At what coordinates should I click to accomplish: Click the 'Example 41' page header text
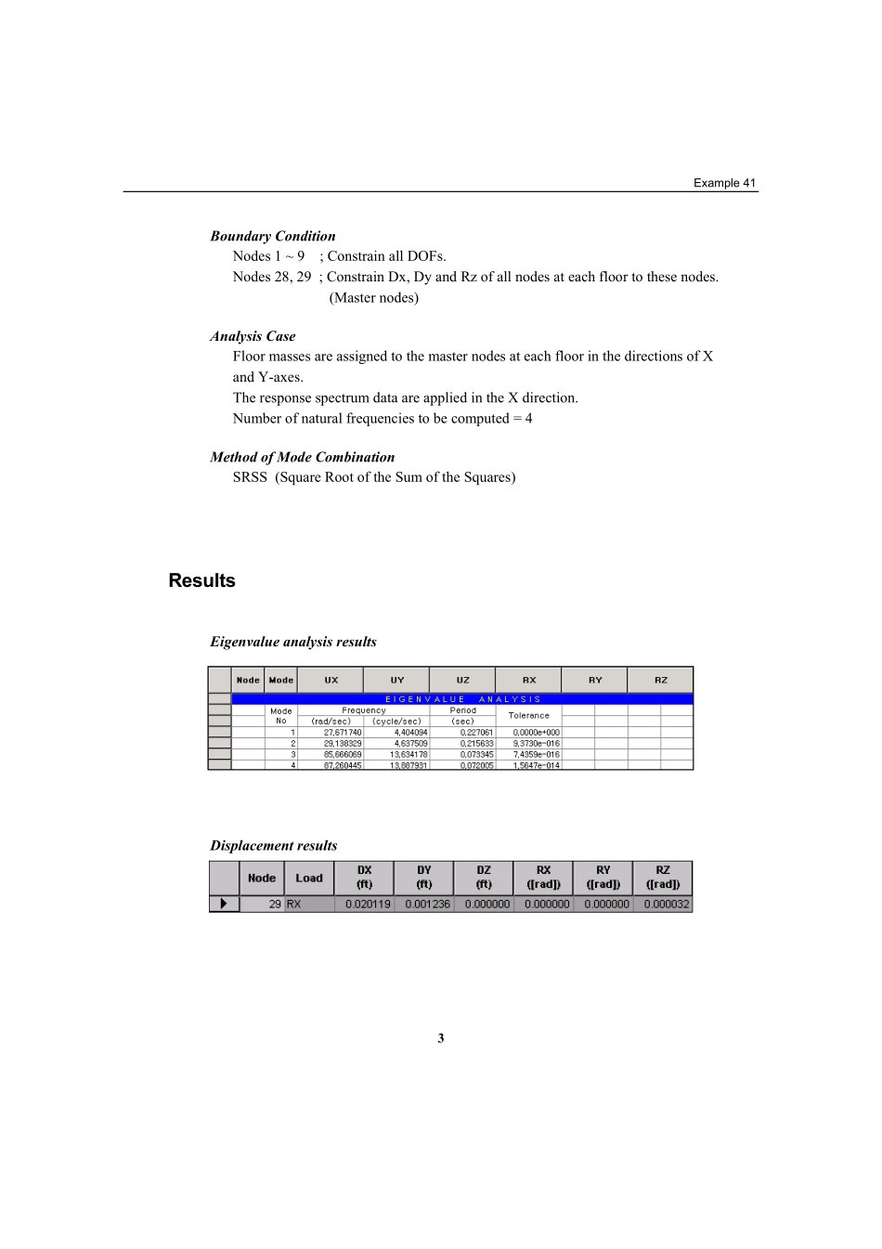point(724,183)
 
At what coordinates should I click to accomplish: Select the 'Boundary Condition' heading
point(272,236)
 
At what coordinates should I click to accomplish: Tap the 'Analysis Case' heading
point(253,336)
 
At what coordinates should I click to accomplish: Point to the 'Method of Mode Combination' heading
point(302,457)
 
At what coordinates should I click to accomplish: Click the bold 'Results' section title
point(201,580)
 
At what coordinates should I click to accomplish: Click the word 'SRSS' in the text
point(250,477)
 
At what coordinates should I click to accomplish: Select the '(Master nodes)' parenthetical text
point(373,298)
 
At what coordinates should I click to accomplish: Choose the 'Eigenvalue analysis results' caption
point(292,642)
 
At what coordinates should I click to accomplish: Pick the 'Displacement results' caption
point(273,845)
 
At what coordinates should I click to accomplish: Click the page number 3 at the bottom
point(441,1038)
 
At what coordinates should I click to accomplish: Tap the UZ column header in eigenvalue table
point(462,680)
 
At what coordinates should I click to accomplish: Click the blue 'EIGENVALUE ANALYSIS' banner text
point(462,699)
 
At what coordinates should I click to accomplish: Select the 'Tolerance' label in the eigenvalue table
point(528,716)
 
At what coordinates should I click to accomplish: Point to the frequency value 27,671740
point(343,733)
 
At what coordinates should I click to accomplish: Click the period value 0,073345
point(477,755)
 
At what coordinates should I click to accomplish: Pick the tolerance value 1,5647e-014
point(537,766)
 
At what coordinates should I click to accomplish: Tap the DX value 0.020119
point(368,904)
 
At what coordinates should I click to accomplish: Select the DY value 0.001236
point(427,904)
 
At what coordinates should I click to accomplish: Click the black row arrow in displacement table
point(224,904)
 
